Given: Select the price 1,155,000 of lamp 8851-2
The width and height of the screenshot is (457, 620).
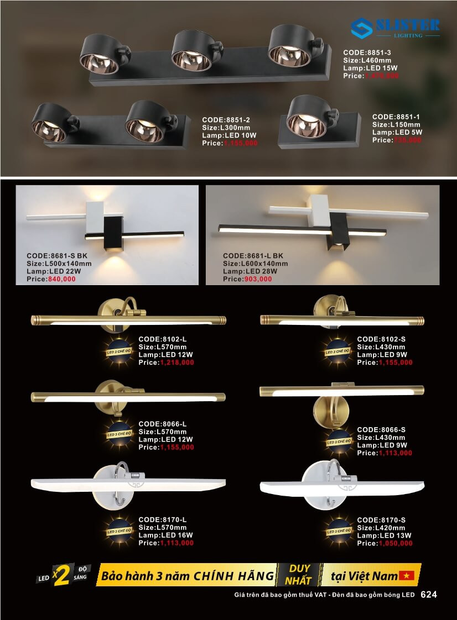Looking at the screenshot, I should (x=241, y=143).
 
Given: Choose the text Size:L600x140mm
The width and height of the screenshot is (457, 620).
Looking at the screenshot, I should (x=255, y=264).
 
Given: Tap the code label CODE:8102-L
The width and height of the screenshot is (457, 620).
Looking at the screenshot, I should (x=163, y=339).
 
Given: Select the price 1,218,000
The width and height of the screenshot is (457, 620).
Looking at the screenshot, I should (x=177, y=362).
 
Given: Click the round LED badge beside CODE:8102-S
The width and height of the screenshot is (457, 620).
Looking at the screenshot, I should (x=338, y=351).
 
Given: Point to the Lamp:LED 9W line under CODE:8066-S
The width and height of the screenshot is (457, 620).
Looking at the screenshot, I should (x=382, y=445).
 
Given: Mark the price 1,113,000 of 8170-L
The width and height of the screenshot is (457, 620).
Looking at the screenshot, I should (x=177, y=543).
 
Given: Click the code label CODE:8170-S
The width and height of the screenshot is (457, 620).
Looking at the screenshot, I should (x=381, y=520).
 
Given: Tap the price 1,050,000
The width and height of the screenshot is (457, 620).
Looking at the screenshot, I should (x=396, y=543).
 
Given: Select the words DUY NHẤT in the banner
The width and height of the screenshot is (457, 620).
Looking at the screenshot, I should (x=299, y=575).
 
